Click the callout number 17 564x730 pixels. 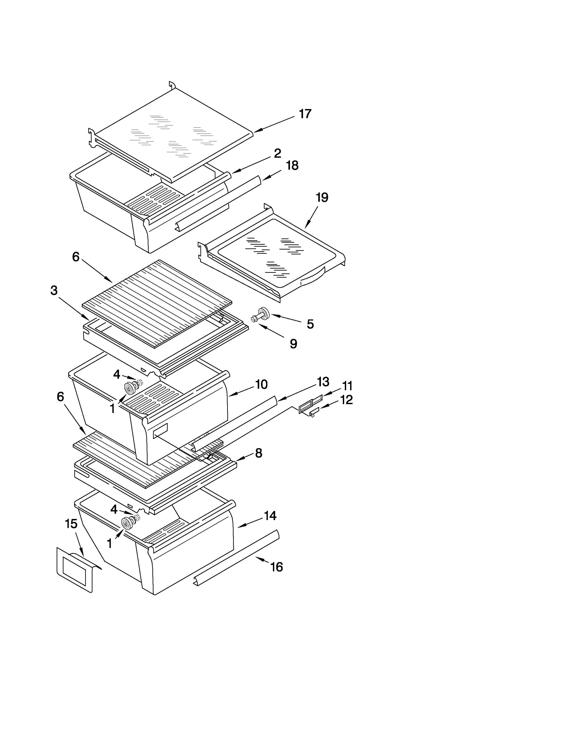coord(305,114)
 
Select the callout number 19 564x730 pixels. coord(322,198)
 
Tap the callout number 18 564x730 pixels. coord(292,165)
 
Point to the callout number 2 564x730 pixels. coord(277,154)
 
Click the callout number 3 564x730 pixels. coord(54,290)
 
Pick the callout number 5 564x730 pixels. coord(310,324)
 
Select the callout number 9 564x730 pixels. coord(293,344)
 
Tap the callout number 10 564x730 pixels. coord(261,384)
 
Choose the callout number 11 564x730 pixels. coord(347,386)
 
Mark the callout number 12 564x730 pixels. coord(347,400)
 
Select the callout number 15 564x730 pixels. coord(71,524)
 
